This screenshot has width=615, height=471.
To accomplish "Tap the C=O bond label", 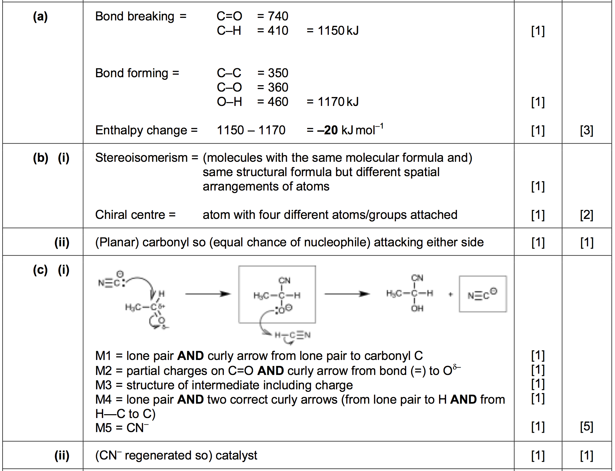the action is coord(229,16).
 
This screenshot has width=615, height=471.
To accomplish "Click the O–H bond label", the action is coord(229,102).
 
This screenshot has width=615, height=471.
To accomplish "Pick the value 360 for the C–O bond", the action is coord(278,87).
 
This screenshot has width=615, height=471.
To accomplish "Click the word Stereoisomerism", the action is coord(141,158).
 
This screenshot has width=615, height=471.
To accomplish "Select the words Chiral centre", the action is coord(130,215).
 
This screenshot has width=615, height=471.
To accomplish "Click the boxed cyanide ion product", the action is coord(482,294).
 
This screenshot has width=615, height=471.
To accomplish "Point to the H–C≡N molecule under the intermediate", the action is coord(292,335).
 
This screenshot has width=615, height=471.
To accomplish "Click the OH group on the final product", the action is coord(417,309).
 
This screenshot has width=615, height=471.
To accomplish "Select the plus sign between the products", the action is coord(450,294).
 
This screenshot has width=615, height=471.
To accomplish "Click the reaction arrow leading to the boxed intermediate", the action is coord(208,294).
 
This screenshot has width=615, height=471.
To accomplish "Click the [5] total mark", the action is coord(587,427).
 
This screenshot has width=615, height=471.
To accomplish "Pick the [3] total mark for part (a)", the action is coord(587,131).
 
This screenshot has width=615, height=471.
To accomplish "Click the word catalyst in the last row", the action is coord(236,455).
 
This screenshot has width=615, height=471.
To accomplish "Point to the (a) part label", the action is coord(40,16).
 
